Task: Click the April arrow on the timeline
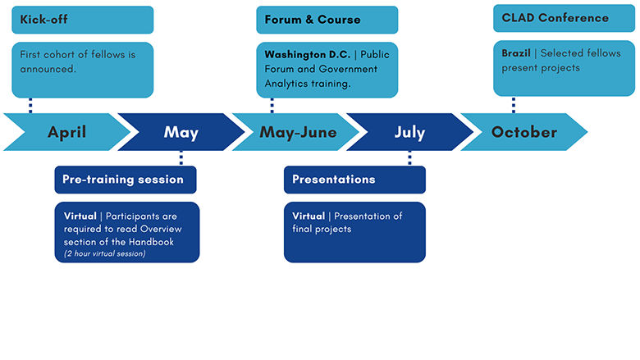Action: [x=66, y=132]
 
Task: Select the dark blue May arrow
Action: [x=181, y=132]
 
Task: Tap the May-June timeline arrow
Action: [x=297, y=132]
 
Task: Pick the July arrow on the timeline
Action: [x=409, y=132]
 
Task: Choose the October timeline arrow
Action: [x=524, y=132]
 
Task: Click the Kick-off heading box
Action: [x=82, y=20]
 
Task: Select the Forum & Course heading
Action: [x=327, y=20]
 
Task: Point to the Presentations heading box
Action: [x=354, y=179]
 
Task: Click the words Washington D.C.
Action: [x=308, y=54]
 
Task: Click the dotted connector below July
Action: [x=409, y=157]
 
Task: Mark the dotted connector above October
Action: [x=514, y=104]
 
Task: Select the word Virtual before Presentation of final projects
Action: [x=310, y=216]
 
